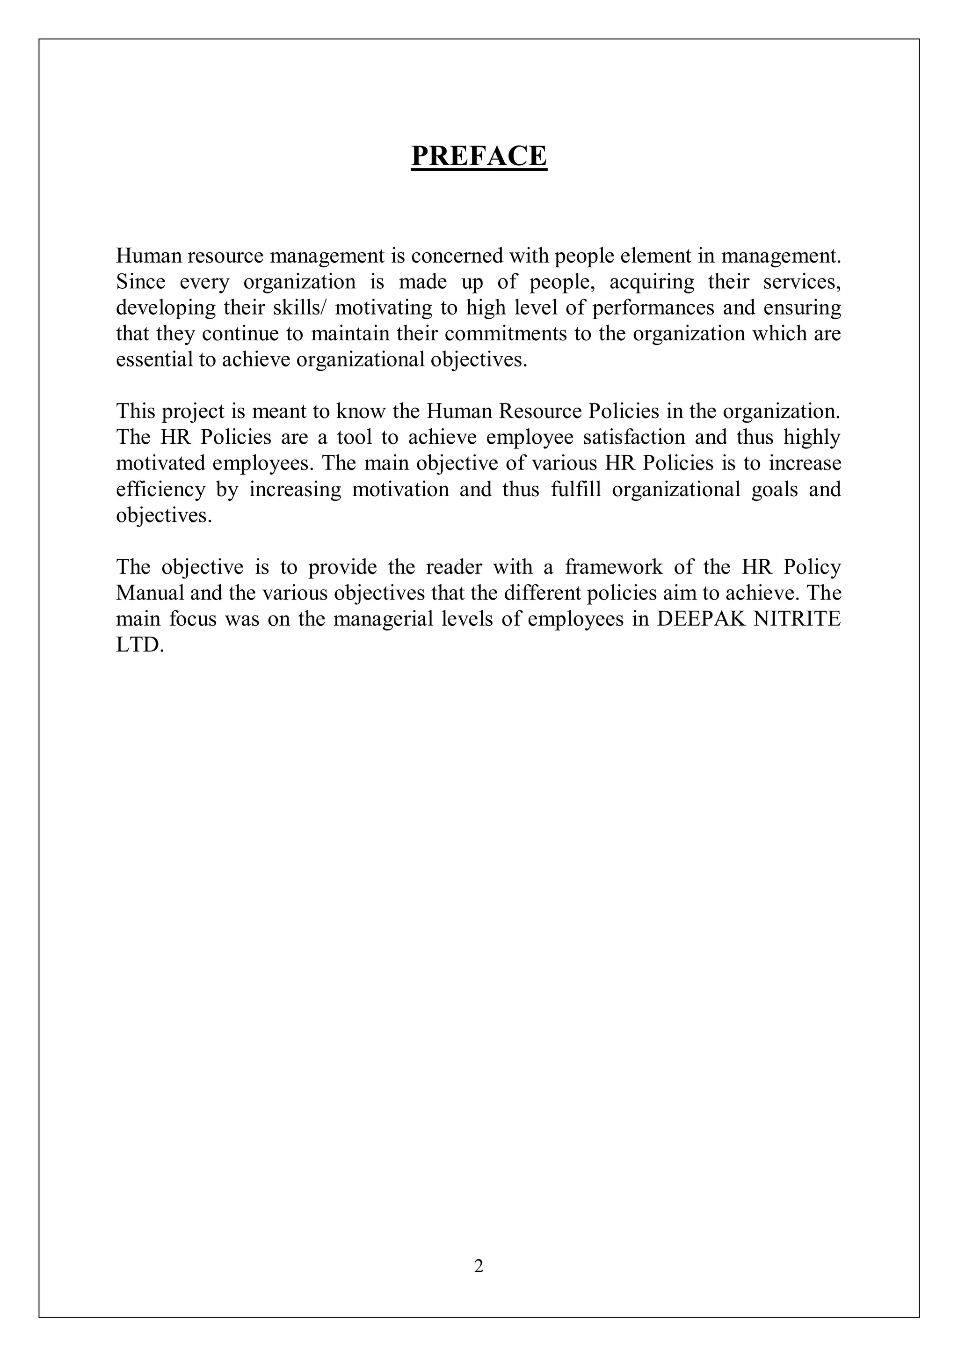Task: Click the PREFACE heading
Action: [479, 156]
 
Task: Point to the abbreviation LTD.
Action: [139, 645]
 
